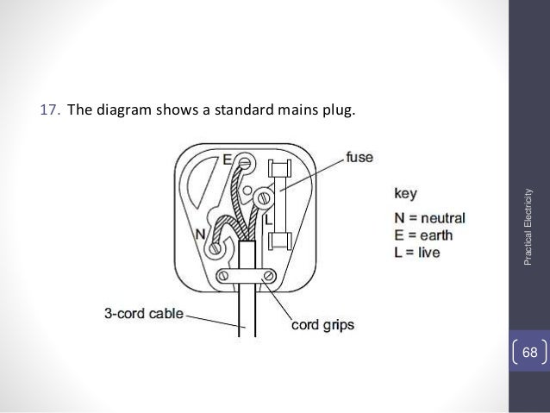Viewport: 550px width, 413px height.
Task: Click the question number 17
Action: click(x=50, y=111)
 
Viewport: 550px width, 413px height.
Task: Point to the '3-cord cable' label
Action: click(x=144, y=315)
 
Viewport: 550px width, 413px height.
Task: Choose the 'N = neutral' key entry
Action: click(x=435, y=216)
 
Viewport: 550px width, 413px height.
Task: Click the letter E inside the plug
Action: click(x=228, y=159)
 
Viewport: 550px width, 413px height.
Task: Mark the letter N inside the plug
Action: click(x=200, y=234)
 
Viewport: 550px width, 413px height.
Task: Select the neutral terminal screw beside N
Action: click(x=213, y=248)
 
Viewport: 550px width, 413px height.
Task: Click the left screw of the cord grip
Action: click(x=222, y=277)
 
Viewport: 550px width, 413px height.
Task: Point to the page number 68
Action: click(x=528, y=351)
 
